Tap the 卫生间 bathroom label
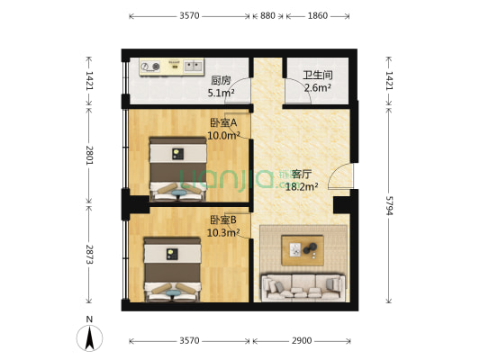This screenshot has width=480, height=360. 316,76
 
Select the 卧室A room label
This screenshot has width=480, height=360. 222,123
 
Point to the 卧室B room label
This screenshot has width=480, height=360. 223,220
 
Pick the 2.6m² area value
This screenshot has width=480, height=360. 316,88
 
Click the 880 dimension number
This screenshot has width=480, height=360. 267,15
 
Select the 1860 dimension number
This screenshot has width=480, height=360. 317,15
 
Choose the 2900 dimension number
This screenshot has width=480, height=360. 302,341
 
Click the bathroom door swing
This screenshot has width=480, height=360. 295,92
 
